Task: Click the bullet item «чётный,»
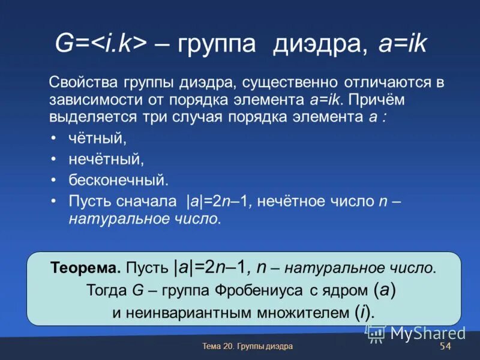point(98,139)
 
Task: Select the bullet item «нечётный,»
point(106,160)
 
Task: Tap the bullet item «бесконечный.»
point(118,180)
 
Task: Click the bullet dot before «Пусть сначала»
point(54,200)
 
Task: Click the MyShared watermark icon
point(376,334)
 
